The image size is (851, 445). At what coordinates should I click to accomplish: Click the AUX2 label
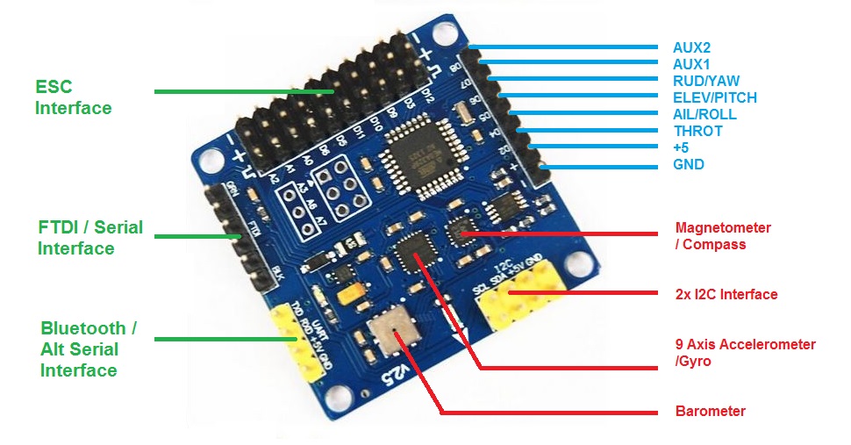click(x=692, y=47)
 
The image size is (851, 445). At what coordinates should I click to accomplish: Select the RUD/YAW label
click(x=706, y=81)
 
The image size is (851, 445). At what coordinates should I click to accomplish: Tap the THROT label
click(x=697, y=131)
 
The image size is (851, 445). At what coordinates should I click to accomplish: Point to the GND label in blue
click(x=689, y=164)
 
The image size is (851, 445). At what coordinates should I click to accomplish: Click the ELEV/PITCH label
click(x=715, y=97)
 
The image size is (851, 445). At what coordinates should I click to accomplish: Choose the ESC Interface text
click(x=73, y=97)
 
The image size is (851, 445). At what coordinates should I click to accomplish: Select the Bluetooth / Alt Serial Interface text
click(x=88, y=349)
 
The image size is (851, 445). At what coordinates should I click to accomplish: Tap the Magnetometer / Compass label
click(x=722, y=235)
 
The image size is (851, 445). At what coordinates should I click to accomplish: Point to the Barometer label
click(x=710, y=411)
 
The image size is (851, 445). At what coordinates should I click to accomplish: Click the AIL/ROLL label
click(x=704, y=114)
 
